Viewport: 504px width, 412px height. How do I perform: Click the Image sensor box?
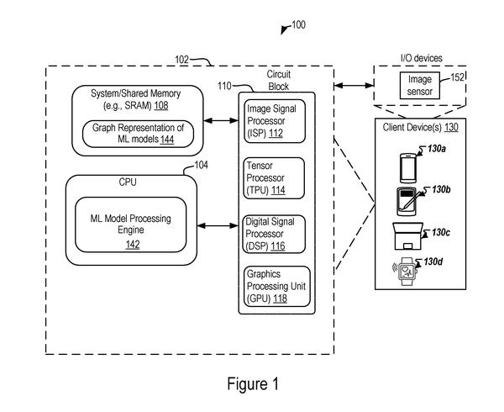click(419, 85)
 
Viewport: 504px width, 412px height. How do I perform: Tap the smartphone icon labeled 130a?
click(408, 168)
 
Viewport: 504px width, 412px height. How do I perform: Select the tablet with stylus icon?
click(408, 202)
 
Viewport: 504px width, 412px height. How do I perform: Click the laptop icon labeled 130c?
click(407, 236)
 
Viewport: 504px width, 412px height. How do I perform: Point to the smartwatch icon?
click(406, 271)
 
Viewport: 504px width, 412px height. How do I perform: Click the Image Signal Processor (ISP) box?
click(275, 121)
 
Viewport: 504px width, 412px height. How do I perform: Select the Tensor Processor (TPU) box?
click(274, 178)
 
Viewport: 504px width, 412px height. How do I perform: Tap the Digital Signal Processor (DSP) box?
click(274, 234)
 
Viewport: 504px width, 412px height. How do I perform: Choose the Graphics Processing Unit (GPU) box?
click(277, 286)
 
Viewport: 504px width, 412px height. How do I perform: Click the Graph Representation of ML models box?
click(138, 134)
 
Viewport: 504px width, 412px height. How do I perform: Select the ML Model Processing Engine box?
click(130, 224)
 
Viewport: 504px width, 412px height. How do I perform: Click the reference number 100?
click(298, 24)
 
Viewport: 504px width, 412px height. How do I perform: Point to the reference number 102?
click(181, 60)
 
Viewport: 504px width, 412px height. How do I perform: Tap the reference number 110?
click(224, 86)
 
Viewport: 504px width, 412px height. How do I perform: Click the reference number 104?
click(202, 165)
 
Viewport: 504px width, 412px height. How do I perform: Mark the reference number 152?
click(458, 77)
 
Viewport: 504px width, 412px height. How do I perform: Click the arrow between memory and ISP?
click(221, 120)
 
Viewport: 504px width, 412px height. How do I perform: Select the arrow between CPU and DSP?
click(218, 226)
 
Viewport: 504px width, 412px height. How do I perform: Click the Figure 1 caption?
click(253, 384)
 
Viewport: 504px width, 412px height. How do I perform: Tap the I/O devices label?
click(422, 58)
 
